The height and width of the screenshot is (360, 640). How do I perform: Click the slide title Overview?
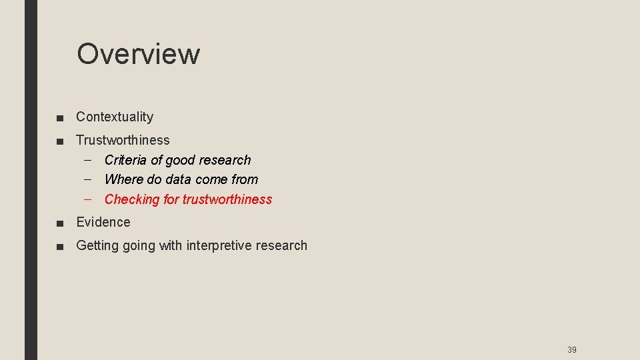pyautogui.click(x=138, y=54)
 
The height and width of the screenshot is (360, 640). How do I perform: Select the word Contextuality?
pyautogui.click(x=115, y=117)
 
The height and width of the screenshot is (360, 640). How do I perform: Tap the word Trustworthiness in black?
pyautogui.click(x=123, y=140)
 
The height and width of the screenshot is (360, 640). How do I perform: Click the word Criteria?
pyautogui.click(x=125, y=160)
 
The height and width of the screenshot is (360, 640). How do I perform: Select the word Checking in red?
pyautogui.click(x=132, y=199)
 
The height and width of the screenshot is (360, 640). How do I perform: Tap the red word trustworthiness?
pyautogui.click(x=227, y=199)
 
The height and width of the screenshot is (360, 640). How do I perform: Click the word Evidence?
pyautogui.click(x=103, y=222)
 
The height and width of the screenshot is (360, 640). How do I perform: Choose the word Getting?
pyautogui.click(x=97, y=245)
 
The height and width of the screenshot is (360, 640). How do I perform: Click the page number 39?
pyautogui.click(x=571, y=350)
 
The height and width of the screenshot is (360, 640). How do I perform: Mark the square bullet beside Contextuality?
pyautogui.click(x=61, y=118)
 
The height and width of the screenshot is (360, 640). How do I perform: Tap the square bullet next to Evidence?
pyautogui.click(x=61, y=223)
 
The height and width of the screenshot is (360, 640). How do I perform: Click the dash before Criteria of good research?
pyautogui.click(x=89, y=160)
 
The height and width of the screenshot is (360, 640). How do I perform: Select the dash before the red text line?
pyautogui.click(x=89, y=199)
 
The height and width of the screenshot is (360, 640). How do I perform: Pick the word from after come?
pyautogui.click(x=245, y=179)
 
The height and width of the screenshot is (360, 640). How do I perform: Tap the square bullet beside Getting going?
pyautogui.click(x=61, y=247)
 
